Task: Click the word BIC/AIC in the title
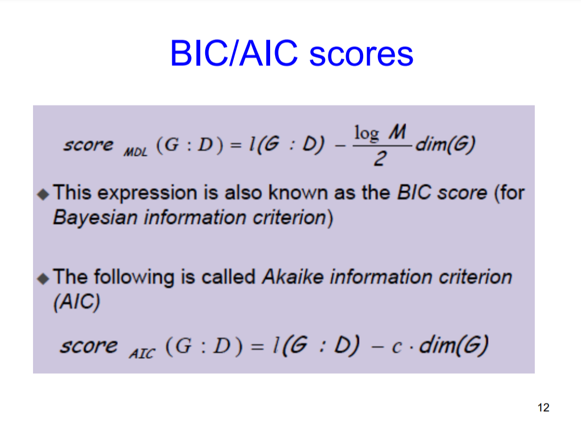(234, 53)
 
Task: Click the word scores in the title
(361, 55)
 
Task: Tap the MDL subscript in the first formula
(135, 152)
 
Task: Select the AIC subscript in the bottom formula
(142, 353)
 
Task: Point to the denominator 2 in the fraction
(380, 159)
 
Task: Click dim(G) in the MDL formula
(445, 144)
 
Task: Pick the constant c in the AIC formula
(397, 347)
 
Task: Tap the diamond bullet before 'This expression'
(43, 194)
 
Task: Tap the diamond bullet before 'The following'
(43, 279)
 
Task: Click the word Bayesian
(95, 218)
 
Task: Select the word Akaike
(292, 276)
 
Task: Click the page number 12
(543, 408)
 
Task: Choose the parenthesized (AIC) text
(76, 302)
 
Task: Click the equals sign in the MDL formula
(235, 145)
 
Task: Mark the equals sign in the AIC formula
(257, 347)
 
